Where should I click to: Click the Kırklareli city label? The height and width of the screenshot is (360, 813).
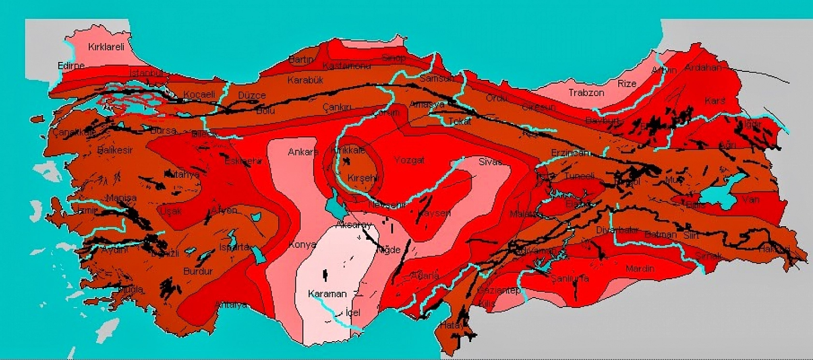point(106,47)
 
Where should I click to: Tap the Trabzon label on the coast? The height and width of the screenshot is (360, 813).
point(586,93)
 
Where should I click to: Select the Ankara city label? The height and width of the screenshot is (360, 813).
point(303,152)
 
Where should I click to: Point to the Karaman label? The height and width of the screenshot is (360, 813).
point(327,294)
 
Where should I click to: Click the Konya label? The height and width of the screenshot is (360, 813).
point(302,245)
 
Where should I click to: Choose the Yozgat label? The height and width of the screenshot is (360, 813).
point(409,160)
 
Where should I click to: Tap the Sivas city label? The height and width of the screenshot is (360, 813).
point(490,161)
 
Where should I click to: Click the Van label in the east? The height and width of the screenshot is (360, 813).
point(750,199)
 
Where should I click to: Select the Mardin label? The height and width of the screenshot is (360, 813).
point(639,268)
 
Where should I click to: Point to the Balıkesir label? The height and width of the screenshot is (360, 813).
point(115,150)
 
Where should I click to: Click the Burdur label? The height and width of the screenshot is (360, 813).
point(198,271)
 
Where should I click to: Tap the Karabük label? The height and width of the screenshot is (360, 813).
point(305,80)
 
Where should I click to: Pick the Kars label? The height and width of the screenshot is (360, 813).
point(714,101)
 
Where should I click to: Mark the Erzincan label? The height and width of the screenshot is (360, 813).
point(570,153)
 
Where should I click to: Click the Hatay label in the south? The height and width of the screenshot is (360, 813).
point(451,326)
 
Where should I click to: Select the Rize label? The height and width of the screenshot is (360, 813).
point(626,84)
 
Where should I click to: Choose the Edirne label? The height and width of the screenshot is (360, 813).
point(71,65)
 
